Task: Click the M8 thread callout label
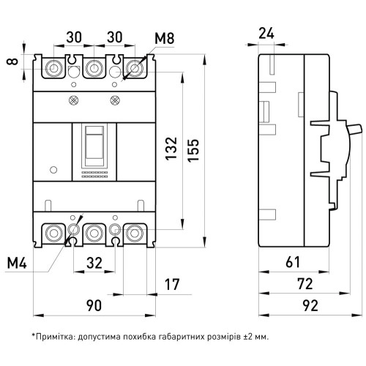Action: [x=165, y=39]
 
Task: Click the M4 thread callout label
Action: [x=17, y=264]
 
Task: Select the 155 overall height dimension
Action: [x=193, y=150]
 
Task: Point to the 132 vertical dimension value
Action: [x=171, y=149]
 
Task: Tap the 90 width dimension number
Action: [x=94, y=305]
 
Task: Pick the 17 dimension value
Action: [x=172, y=285]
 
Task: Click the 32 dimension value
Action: [x=94, y=263]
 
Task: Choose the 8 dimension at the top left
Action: [x=12, y=61]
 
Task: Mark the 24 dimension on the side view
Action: [x=266, y=34]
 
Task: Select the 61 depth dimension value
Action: [x=293, y=262]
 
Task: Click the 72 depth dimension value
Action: [x=305, y=284]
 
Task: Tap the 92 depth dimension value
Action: [x=310, y=305]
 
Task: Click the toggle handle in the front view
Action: [x=94, y=143]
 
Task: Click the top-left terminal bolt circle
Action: [x=53, y=67]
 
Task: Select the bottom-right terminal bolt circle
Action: [x=135, y=234]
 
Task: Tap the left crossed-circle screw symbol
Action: [x=72, y=100]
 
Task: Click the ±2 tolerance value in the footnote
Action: [x=248, y=337]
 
